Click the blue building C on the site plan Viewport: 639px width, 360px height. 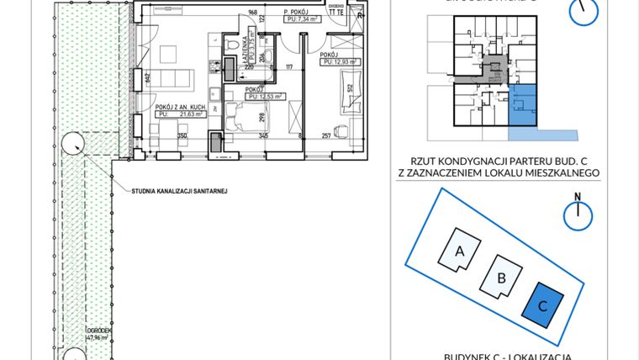click(x=542, y=305)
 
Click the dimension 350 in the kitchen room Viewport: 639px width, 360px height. click(x=181, y=135)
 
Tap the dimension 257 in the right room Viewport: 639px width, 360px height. click(x=327, y=135)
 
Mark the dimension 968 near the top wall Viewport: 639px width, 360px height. click(x=251, y=13)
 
